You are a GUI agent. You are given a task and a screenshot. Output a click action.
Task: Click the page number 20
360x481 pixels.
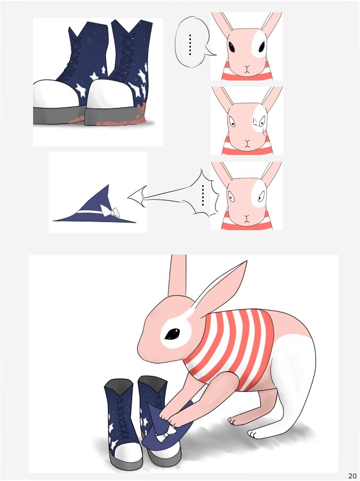[351, 476]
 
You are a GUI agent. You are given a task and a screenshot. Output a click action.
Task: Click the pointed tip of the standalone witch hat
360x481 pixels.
[108, 185]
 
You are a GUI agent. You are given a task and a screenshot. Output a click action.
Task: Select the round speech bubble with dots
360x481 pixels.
[193, 42]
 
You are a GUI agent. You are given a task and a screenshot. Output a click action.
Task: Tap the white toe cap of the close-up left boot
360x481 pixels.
[59, 93]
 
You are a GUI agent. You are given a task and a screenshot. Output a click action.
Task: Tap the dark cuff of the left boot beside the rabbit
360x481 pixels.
[119, 385]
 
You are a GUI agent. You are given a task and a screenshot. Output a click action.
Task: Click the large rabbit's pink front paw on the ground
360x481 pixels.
[236, 420]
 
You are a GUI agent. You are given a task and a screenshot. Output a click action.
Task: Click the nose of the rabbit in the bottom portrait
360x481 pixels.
[246, 217]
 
